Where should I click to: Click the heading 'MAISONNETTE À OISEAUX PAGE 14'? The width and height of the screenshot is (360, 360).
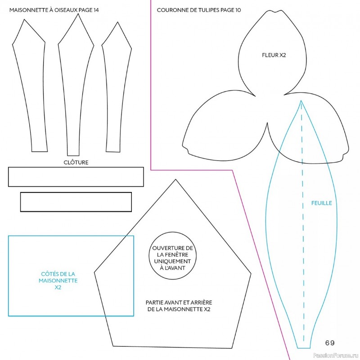(x=54, y=10)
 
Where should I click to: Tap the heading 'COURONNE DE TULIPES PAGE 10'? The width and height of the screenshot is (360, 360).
(x=199, y=10)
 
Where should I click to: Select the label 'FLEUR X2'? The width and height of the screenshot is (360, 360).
(x=274, y=55)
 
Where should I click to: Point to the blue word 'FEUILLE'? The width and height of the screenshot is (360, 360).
(x=321, y=203)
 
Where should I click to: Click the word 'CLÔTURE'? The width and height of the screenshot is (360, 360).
(x=76, y=162)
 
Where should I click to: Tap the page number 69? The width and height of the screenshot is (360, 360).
(x=330, y=343)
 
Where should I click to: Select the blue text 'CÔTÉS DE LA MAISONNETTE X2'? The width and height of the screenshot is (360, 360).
(x=58, y=280)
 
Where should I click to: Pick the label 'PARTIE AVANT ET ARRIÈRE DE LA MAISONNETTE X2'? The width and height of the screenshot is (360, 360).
(x=179, y=306)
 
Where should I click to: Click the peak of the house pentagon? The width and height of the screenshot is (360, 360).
(x=175, y=179)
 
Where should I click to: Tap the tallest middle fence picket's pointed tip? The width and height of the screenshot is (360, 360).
(x=78, y=14)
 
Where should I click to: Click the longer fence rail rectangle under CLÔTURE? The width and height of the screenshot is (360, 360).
(x=76, y=168)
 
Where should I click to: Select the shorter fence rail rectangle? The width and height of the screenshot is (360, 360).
(x=76, y=193)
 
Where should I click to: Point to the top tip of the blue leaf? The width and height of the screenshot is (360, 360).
(x=301, y=100)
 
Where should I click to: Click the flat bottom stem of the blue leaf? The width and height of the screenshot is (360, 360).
(x=303, y=348)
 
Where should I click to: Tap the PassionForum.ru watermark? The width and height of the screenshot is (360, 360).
(x=336, y=355)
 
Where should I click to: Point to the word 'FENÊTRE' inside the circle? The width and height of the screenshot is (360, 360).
(x=172, y=255)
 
